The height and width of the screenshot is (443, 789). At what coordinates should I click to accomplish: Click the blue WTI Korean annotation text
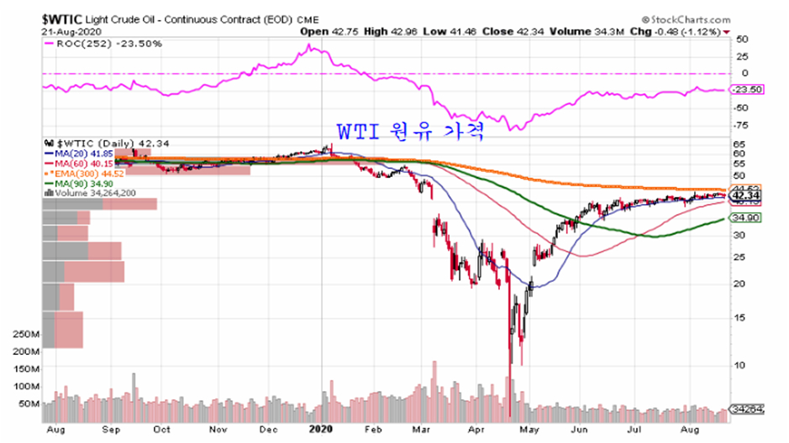point(412,132)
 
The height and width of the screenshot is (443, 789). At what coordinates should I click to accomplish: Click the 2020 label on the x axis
point(323,428)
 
